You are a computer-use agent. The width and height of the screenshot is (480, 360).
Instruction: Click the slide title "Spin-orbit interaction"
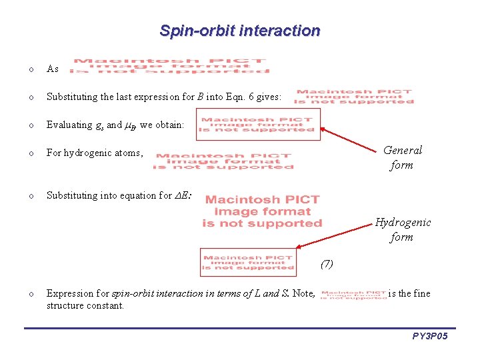click(240, 31)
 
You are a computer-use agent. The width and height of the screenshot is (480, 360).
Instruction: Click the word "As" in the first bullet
click(53, 69)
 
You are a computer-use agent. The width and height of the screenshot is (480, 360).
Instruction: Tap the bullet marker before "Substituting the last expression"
click(31, 97)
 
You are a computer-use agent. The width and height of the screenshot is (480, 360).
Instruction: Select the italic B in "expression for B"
click(201, 97)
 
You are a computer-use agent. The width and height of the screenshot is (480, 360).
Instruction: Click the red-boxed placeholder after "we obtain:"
click(257, 125)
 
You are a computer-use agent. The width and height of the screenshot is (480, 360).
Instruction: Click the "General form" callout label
click(402, 157)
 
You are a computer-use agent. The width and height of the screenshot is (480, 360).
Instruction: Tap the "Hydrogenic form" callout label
click(402, 229)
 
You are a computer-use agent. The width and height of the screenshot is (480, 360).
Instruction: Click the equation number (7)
click(327, 264)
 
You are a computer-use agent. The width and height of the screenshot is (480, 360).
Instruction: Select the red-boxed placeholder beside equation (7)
click(248, 263)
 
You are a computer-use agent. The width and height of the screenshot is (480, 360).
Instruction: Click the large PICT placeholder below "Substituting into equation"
click(262, 212)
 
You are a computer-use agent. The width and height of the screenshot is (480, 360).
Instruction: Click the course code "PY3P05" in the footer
click(429, 337)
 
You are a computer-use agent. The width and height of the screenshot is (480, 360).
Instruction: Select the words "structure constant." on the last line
click(85, 305)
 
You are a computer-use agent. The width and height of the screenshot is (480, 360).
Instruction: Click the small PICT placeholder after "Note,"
click(353, 294)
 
